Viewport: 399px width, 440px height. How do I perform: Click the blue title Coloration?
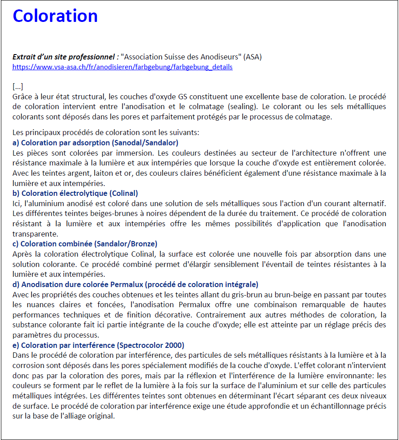click(55, 16)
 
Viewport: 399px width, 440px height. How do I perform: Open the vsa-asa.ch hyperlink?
click(122, 67)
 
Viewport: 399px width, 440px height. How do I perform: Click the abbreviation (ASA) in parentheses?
click(252, 57)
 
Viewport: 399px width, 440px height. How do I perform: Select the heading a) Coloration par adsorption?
click(95, 143)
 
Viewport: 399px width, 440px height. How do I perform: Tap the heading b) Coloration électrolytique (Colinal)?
click(75, 193)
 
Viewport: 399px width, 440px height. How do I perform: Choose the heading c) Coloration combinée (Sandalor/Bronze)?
click(85, 244)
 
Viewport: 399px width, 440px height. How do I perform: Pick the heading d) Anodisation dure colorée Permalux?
click(135, 284)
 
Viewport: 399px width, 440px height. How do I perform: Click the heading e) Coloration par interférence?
click(98, 345)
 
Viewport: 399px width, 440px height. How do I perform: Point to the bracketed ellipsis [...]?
click(18, 86)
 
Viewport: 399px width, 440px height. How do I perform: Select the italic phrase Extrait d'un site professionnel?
click(65, 57)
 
